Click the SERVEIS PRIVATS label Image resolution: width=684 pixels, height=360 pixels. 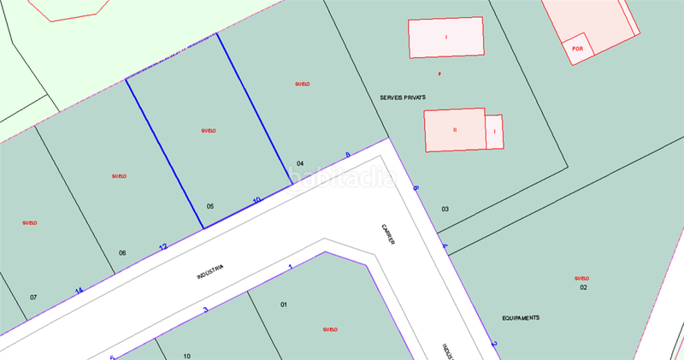(x=403, y=98)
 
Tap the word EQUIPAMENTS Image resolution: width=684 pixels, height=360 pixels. (x=521, y=318)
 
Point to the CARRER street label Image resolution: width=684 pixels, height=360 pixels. (x=389, y=235)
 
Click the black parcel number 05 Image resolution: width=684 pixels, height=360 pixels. (x=210, y=206)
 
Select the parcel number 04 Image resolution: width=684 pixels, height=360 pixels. (x=300, y=163)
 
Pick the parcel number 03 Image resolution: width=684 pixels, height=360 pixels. (x=445, y=210)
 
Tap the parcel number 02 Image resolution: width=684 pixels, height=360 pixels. (x=583, y=287)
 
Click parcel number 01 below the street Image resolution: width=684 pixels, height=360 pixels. (x=284, y=304)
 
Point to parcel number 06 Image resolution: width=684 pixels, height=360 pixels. (x=122, y=253)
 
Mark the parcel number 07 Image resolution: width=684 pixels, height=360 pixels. (x=33, y=298)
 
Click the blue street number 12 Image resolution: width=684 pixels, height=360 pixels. (x=162, y=247)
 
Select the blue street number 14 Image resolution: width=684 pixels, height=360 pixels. (x=79, y=291)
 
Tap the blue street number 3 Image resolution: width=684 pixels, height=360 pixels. (x=205, y=310)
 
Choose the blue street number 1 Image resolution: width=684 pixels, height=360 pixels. (x=291, y=268)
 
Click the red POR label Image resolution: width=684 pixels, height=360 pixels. (x=578, y=50)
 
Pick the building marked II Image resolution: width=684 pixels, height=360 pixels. (x=455, y=130)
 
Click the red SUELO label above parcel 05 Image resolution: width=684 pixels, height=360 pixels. (x=208, y=131)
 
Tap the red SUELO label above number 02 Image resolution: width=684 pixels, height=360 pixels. (x=582, y=279)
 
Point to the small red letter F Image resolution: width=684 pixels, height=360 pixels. (x=439, y=74)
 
